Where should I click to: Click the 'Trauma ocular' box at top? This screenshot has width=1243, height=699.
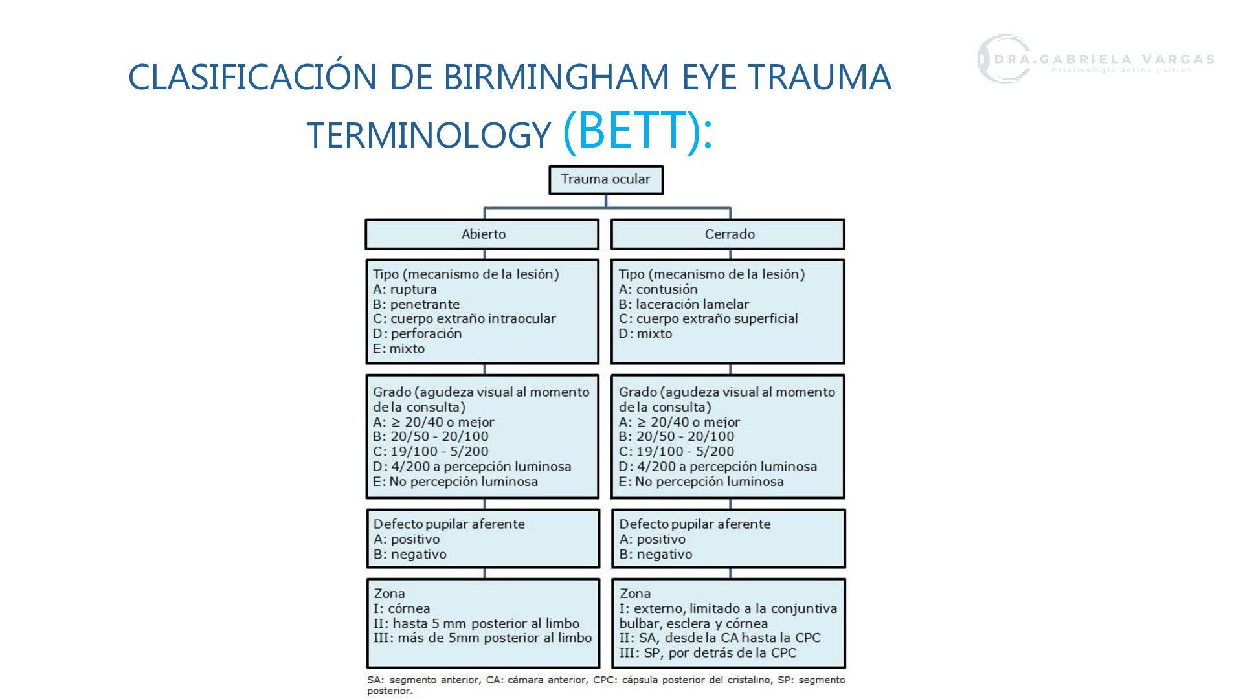point(605,179)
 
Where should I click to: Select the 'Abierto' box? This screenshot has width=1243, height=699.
point(482,234)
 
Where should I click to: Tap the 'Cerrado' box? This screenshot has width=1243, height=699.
point(728,234)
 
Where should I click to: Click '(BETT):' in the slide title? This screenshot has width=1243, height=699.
point(638,131)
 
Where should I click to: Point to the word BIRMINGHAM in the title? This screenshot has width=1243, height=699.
point(557,77)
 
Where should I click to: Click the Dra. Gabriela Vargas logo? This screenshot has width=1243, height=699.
point(1094,60)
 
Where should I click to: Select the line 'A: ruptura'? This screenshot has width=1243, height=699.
point(405,289)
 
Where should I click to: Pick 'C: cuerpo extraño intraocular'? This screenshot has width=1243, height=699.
point(464,318)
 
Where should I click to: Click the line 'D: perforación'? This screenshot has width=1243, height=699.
point(417,333)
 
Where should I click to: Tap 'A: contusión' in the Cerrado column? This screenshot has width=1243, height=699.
point(658,289)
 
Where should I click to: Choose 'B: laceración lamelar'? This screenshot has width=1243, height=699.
point(683,304)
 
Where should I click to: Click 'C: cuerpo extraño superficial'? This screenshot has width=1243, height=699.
point(708,318)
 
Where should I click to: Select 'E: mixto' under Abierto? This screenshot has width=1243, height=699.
point(399,348)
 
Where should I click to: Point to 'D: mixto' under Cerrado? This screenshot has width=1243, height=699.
point(645,333)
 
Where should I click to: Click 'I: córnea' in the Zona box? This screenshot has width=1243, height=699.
point(401,608)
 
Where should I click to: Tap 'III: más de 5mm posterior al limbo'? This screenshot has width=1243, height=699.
point(482,638)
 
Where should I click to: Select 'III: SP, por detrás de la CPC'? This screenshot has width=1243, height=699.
point(707,652)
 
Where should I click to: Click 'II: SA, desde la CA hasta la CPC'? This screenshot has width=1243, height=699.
point(719,638)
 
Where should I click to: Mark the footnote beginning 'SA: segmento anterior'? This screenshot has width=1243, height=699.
point(605,685)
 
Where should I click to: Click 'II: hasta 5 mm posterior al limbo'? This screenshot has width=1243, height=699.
point(476,623)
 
